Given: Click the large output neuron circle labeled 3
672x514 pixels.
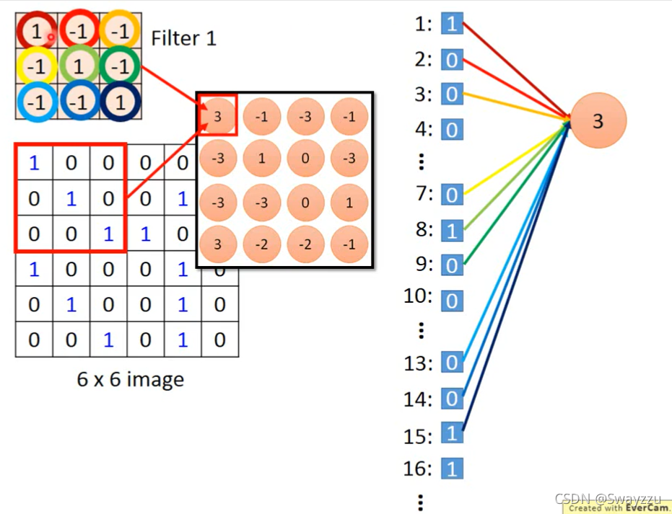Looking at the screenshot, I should pos(598,121).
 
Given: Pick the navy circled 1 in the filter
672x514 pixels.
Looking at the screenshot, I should pos(120,102).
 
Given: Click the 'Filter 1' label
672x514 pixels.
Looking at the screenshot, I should pos(183,37).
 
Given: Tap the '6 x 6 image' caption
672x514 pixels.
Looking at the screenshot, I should pos(130,379).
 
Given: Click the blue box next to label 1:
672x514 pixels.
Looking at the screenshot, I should pos(452,25).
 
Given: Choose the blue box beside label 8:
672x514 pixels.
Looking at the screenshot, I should pos(452,230).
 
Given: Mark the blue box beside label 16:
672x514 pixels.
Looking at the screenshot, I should pos(452,470).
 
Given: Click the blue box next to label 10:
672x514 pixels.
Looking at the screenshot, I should pos(452,300).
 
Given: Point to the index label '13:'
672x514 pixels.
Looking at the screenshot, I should pos(418,363).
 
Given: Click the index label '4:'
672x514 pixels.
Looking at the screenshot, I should pos(420,130).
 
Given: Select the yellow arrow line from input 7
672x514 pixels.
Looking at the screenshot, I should pos(516,160).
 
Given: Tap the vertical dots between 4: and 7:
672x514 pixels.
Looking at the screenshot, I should pos(422,161).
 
